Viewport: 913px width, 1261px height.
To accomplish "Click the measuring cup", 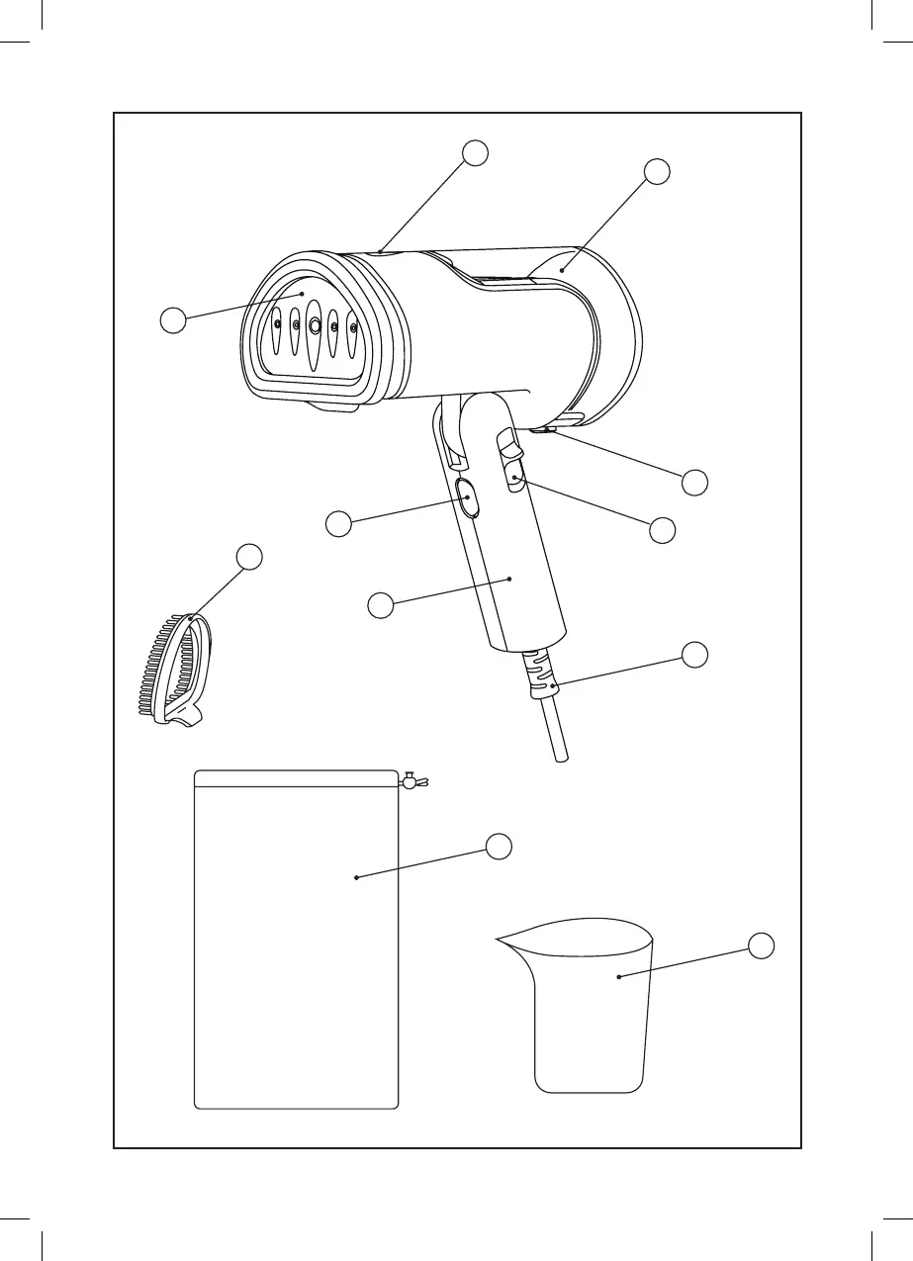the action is click(x=591, y=1009).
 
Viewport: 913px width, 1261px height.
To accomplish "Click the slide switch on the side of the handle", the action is click(x=515, y=481).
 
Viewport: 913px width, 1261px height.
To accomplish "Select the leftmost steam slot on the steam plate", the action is click(x=278, y=325).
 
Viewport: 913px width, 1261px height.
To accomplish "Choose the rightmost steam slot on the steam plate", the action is click(x=352, y=329).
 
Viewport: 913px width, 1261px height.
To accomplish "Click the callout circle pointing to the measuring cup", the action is click(x=760, y=946).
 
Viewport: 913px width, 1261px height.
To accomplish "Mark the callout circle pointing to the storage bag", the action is click(x=500, y=845).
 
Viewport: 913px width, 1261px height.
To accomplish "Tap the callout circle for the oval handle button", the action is click(x=339, y=524).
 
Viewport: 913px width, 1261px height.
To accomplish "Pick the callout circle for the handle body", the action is click(x=381, y=604).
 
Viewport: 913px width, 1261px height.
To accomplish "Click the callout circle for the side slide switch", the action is click(x=662, y=530).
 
